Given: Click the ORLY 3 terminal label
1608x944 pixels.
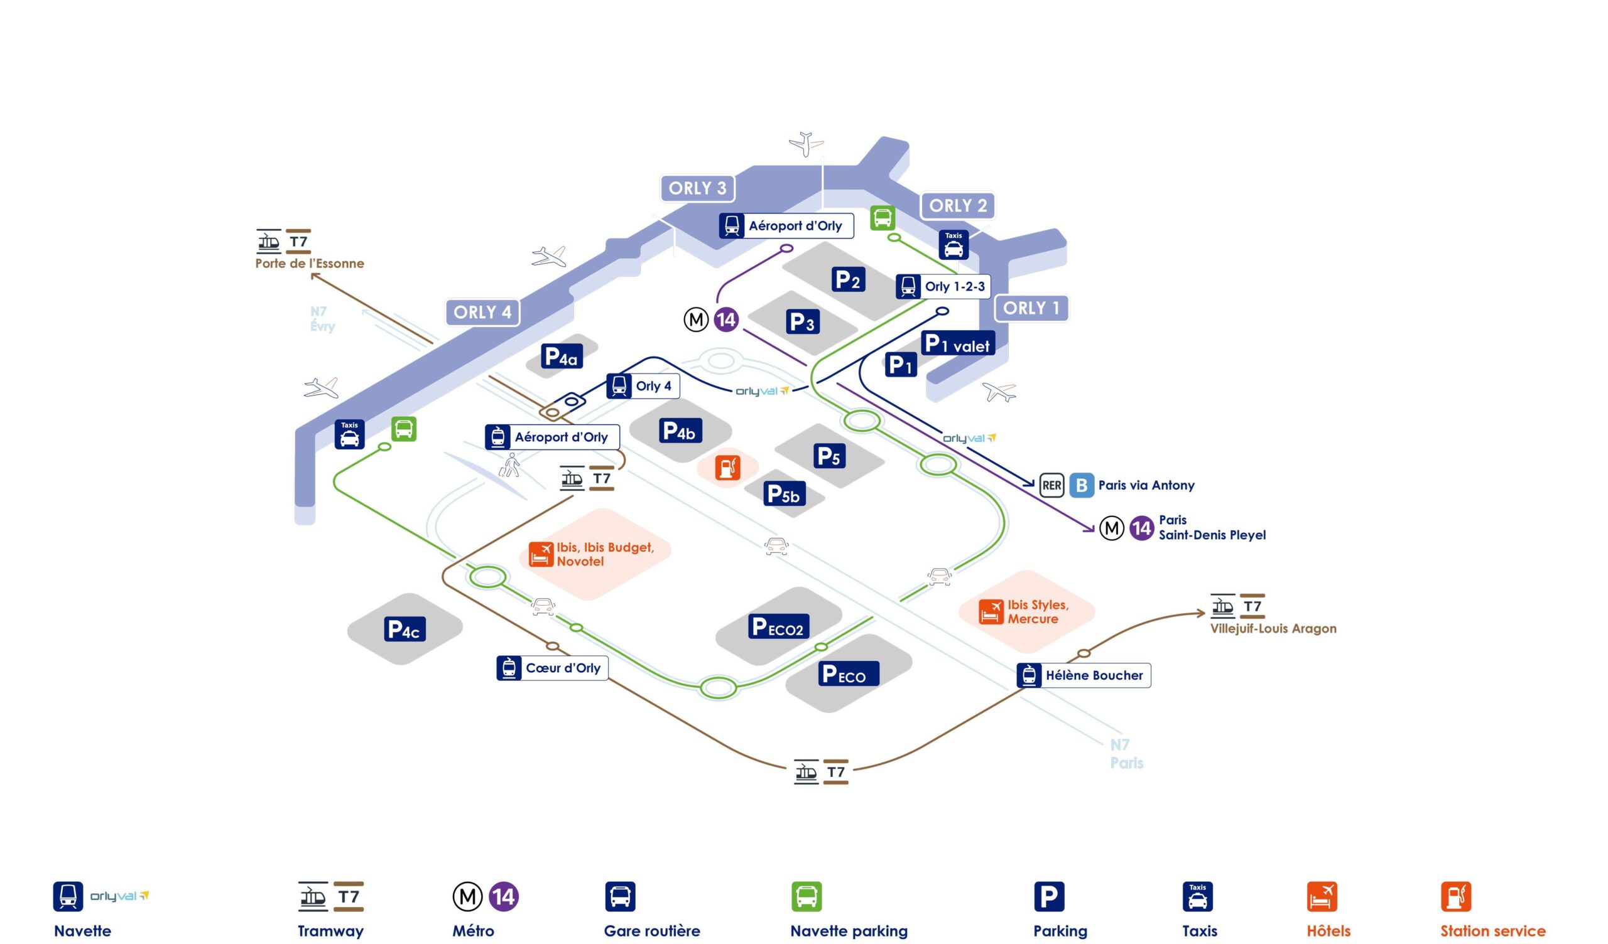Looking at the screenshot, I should (x=697, y=188).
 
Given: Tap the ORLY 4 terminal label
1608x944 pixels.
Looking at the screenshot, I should (x=482, y=312).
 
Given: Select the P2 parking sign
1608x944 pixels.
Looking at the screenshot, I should (x=848, y=279).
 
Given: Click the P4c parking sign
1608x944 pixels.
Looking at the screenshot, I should (x=404, y=630).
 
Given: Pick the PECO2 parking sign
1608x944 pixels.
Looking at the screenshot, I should (x=778, y=627).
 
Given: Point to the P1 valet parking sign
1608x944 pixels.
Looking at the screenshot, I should (x=957, y=344).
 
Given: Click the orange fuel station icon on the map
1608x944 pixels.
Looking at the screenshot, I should (x=727, y=468).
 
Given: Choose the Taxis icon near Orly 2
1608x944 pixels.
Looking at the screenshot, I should (x=953, y=245).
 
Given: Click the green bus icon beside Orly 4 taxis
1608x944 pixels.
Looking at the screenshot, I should (x=403, y=429).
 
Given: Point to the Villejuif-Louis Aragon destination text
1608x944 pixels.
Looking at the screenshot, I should (x=1273, y=629).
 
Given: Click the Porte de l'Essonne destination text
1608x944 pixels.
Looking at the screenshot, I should (x=310, y=264).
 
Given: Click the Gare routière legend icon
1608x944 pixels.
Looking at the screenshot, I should (x=619, y=896).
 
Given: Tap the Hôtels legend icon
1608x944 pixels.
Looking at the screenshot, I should (x=1322, y=896).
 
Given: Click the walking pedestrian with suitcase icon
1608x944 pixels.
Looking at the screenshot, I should (x=509, y=466).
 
